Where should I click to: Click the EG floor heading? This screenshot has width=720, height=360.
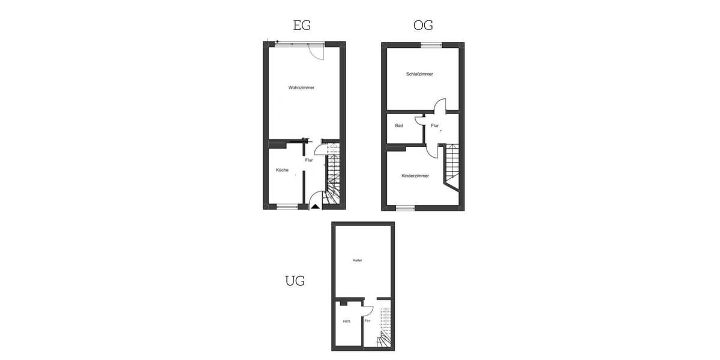click(302, 25)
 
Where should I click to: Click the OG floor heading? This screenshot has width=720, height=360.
click(423, 25)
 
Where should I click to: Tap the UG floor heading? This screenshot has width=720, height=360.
click(295, 280)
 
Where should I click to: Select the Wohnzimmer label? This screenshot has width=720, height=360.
click(301, 88)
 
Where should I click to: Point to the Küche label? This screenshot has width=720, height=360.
click(282, 170)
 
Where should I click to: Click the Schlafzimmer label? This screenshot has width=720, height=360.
click(419, 74)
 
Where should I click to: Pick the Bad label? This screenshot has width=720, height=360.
click(398, 126)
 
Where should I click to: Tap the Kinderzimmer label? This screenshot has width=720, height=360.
click(415, 176)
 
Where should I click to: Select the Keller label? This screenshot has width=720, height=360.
click(357, 260)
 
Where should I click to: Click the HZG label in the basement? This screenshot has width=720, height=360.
click(346, 321)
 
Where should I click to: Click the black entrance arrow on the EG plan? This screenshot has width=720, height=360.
click(314, 206)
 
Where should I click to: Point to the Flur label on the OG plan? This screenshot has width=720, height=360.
click(434, 126)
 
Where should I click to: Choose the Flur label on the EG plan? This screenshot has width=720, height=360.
click(309, 160)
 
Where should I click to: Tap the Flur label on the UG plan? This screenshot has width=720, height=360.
click(367, 321)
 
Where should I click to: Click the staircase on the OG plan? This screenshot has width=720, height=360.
click(451, 165)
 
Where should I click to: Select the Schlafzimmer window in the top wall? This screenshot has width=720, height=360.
click(430, 44)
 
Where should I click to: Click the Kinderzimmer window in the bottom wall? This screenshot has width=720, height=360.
click(406, 208)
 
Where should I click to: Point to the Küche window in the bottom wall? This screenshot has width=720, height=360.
click(287, 208)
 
